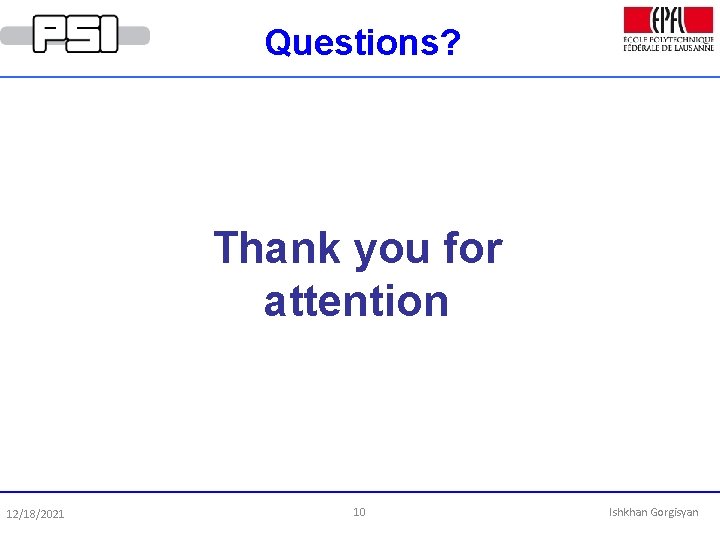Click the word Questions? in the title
click(x=361, y=42)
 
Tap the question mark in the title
click(x=451, y=42)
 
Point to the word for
click(x=471, y=247)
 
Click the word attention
click(x=357, y=301)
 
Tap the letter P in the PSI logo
click(x=49, y=34)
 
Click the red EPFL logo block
click(x=669, y=19)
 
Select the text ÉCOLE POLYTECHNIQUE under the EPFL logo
click(x=669, y=38)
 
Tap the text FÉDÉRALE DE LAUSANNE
click(x=669, y=47)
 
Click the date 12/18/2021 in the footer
click(x=35, y=514)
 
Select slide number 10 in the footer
click(x=359, y=512)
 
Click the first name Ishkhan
click(x=628, y=512)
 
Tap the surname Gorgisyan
click(x=675, y=512)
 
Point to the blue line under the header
click(x=360, y=76)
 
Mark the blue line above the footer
click(x=360, y=492)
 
